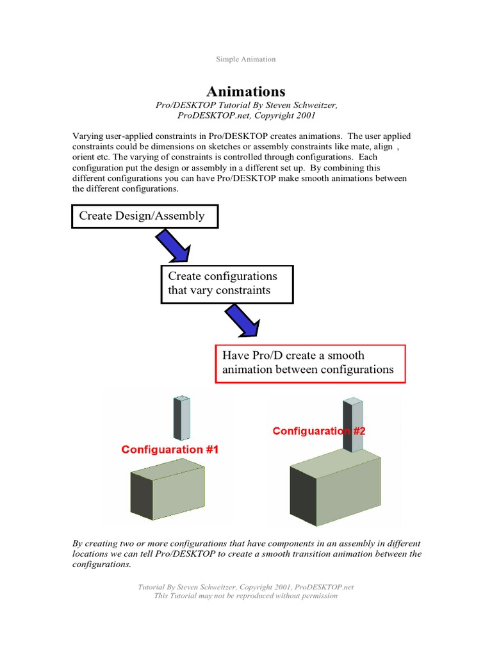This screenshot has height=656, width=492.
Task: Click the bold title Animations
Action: click(x=246, y=92)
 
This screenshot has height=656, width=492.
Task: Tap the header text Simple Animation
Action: click(x=246, y=59)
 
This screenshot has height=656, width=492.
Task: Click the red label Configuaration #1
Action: click(x=170, y=450)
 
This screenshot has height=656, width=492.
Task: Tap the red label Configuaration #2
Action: click(x=318, y=431)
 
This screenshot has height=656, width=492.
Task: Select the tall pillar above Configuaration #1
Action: click(x=181, y=418)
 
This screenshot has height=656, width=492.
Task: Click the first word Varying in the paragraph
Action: click(x=87, y=136)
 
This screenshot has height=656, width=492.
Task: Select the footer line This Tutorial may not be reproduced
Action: click(x=246, y=596)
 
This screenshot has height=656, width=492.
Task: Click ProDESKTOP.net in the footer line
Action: click(x=324, y=587)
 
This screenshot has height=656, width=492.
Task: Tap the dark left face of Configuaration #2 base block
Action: click(x=303, y=492)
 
